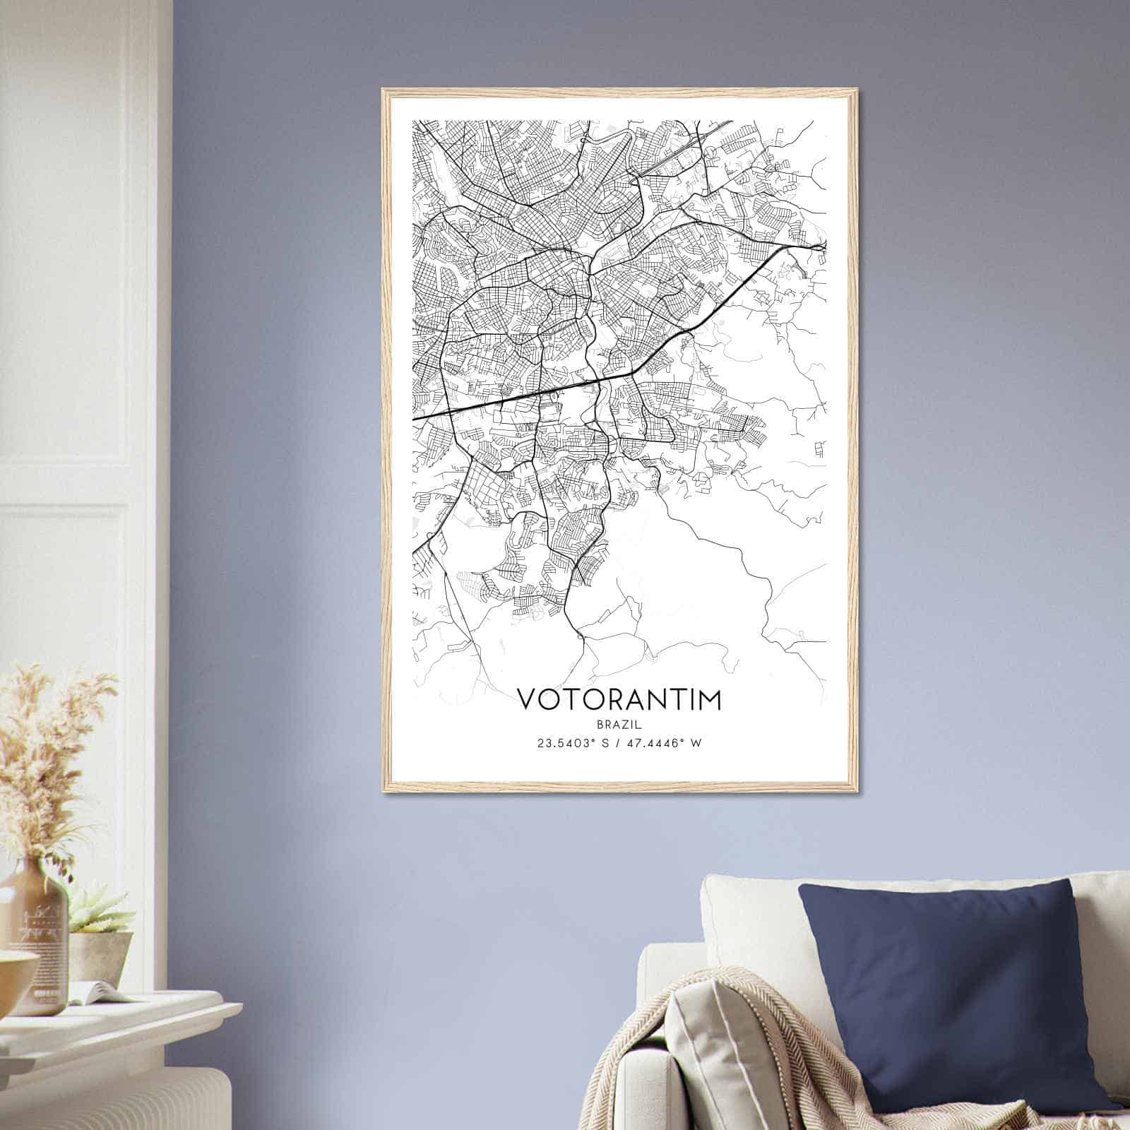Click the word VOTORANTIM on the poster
[x=620, y=699]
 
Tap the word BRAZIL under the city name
[x=620, y=724]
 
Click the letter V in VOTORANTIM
[x=527, y=699]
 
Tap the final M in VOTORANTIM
[x=710, y=699]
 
